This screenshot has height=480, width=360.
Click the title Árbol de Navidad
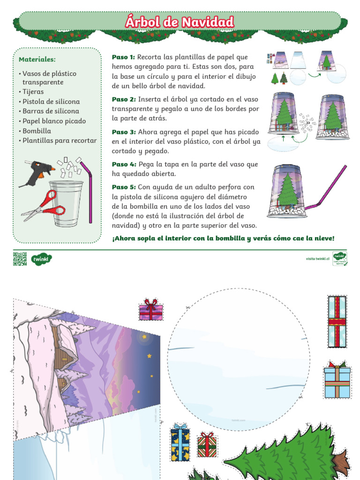[180, 22]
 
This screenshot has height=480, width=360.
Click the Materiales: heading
[37, 60]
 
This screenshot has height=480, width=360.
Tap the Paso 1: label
[123, 57]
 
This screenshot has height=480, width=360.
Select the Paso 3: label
[124, 132]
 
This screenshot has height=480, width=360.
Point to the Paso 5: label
[124, 187]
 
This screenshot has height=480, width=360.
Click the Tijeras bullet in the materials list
[33, 92]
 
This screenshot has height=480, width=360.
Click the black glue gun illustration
[36, 172]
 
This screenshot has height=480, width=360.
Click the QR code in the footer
[20, 259]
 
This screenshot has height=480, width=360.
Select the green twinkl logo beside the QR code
[41, 259]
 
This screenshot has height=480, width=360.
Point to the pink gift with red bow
[150, 310]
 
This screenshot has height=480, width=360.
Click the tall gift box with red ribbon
[337, 322]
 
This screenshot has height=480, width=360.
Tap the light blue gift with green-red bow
[337, 380]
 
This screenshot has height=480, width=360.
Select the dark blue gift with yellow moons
[180, 443]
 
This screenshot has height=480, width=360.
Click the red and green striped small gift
[207, 446]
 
